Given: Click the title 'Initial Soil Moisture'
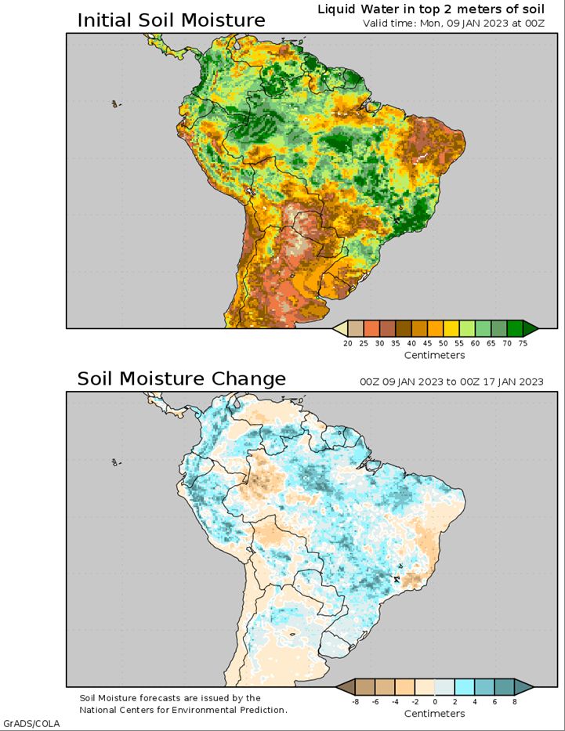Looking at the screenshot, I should (x=171, y=20).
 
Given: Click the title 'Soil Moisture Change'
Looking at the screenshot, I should (x=181, y=379).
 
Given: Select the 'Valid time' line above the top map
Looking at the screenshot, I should (x=452, y=23).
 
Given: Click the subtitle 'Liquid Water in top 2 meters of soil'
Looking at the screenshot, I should (x=431, y=9).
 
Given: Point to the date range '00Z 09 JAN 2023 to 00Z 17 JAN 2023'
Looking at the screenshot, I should (x=451, y=382).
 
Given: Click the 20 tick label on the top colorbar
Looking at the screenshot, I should (x=347, y=343).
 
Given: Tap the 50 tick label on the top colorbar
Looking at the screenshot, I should (x=443, y=343).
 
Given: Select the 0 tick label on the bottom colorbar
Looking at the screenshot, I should (x=435, y=702).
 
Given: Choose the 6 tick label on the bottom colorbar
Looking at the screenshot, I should (x=494, y=702).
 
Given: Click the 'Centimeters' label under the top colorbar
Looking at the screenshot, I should (x=434, y=355).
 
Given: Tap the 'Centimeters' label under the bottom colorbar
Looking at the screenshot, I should (x=434, y=714).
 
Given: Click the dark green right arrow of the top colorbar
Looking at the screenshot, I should (x=530, y=328).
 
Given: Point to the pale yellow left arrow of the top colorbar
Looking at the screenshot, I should (x=339, y=328).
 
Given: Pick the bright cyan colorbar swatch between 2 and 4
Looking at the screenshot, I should (x=465, y=687).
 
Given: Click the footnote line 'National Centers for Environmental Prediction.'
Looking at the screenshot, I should (x=183, y=710).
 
